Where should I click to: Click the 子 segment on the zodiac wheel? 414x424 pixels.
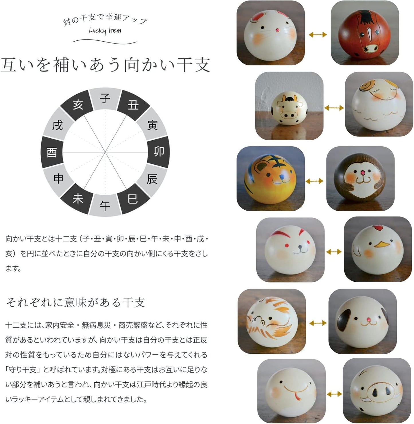[x=105, y=98]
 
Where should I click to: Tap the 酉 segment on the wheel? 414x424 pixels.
[x=52, y=152]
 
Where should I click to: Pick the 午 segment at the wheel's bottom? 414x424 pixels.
[x=105, y=205]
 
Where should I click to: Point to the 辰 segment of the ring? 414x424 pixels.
[x=152, y=179]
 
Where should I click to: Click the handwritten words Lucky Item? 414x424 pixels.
[x=105, y=31]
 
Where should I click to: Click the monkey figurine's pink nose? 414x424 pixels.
[x=362, y=173]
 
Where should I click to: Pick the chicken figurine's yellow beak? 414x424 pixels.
[x=382, y=244]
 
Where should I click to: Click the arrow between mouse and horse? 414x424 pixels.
[x=318, y=34]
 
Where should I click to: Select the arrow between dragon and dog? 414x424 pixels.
[x=318, y=323]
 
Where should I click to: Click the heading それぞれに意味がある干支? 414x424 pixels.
[x=75, y=302]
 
